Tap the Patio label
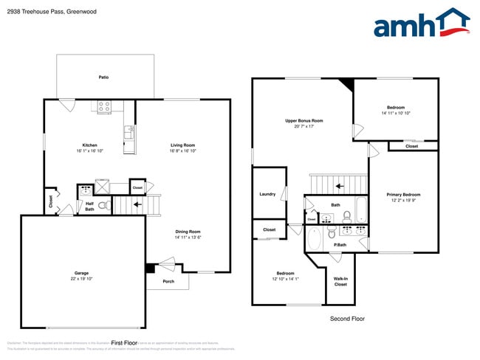coord(104,77)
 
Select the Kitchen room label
coord(89,145)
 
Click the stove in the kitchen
coord(104,108)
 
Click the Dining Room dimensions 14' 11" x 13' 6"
coord(188,237)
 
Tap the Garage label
coord(81,272)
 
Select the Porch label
coord(168,281)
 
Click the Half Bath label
coord(89,207)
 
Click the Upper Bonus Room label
coord(304,120)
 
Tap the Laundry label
coord(267,194)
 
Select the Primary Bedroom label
coord(403,195)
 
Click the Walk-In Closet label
coord(340,281)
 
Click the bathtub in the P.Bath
coord(312,239)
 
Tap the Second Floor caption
coord(346,319)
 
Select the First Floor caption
coord(124,343)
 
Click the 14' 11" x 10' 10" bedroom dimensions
coord(396,113)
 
